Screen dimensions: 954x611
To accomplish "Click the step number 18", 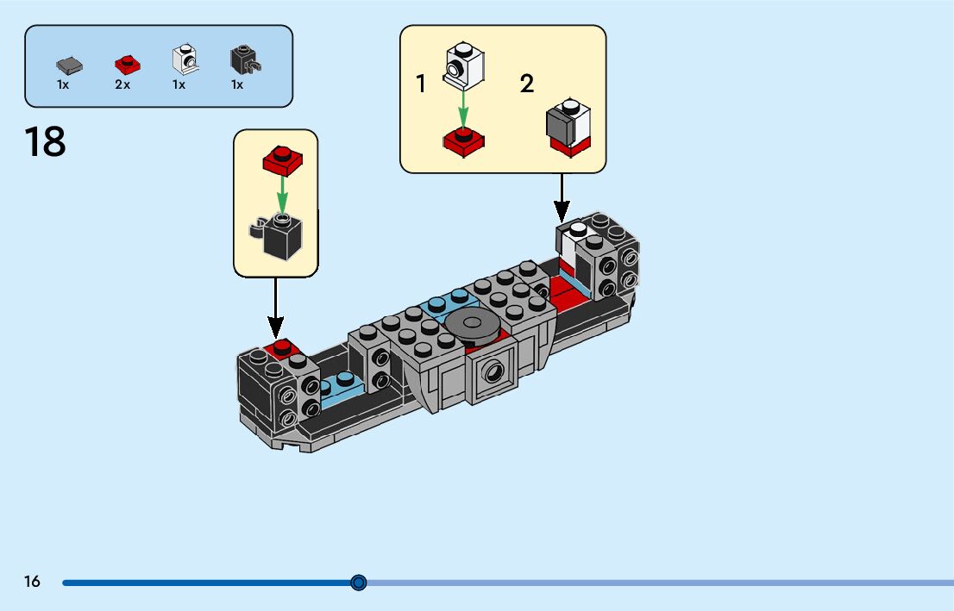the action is pyautogui.click(x=45, y=141).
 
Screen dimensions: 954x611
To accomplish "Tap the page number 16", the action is pyautogui.click(x=32, y=581).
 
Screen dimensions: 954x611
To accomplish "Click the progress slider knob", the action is pyautogui.click(x=359, y=583).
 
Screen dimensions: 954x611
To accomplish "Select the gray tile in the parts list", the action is pyautogui.click(x=69, y=65).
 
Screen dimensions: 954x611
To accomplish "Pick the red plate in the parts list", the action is pyautogui.click(x=128, y=65).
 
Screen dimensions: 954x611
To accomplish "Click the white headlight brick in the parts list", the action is pyautogui.click(x=185, y=59).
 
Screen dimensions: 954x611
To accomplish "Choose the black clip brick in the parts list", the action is pyautogui.click(x=245, y=60).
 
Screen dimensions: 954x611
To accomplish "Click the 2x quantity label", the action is pyautogui.click(x=122, y=84).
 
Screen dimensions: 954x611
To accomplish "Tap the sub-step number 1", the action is pyautogui.click(x=420, y=84).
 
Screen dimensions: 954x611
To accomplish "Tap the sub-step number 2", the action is pyautogui.click(x=527, y=84).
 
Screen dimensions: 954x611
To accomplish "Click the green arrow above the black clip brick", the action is pyautogui.click(x=282, y=195).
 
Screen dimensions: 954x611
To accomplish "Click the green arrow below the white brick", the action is pyautogui.click(x=463, y=109).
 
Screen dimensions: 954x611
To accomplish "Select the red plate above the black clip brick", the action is pyautogui.click(x=282, y=160).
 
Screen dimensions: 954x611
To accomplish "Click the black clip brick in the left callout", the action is pyautogui.click(x=278, y=236).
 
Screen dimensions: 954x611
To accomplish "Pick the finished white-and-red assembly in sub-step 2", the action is pyautogui.click(x=569, y=128).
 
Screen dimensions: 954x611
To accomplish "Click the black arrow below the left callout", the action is pyautogui.click(x=276, y=308).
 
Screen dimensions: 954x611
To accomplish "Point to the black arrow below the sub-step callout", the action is pyautogui.click(x=562, y=198).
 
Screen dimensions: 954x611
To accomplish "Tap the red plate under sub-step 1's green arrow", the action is pyautogui.click(x=463, y=142).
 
